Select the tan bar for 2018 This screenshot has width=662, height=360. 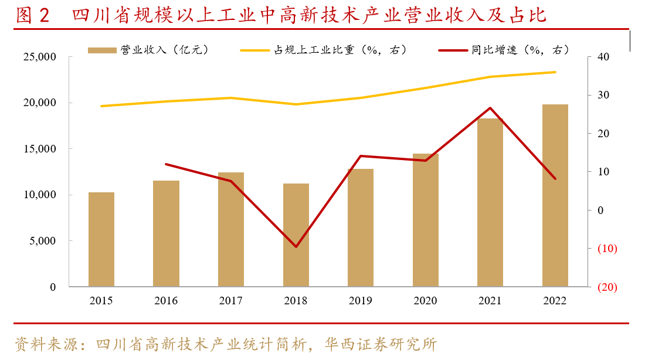pyautogui.click(x=296, y=235)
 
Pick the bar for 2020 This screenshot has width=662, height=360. pyautogui.click(x=425, y=220)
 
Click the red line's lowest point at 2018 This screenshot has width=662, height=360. pyautogui.click(x=296, y=246)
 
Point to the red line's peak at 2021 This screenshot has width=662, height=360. pyautogui.click(x=490, y=108)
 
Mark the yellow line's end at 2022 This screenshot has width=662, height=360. pyautogui.click(x=555, y=72)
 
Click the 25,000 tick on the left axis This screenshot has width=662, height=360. pyautogui.click(x=39, y=57)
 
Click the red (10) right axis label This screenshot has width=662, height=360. pyautogui.click(x=606, y=249)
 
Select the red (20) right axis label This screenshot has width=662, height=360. pyautogui.click(x=606, y=287)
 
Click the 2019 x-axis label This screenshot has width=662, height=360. pyautogui.click(x=360, y=301)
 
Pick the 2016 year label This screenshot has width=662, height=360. pyautogui.click(x=166, y=301)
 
